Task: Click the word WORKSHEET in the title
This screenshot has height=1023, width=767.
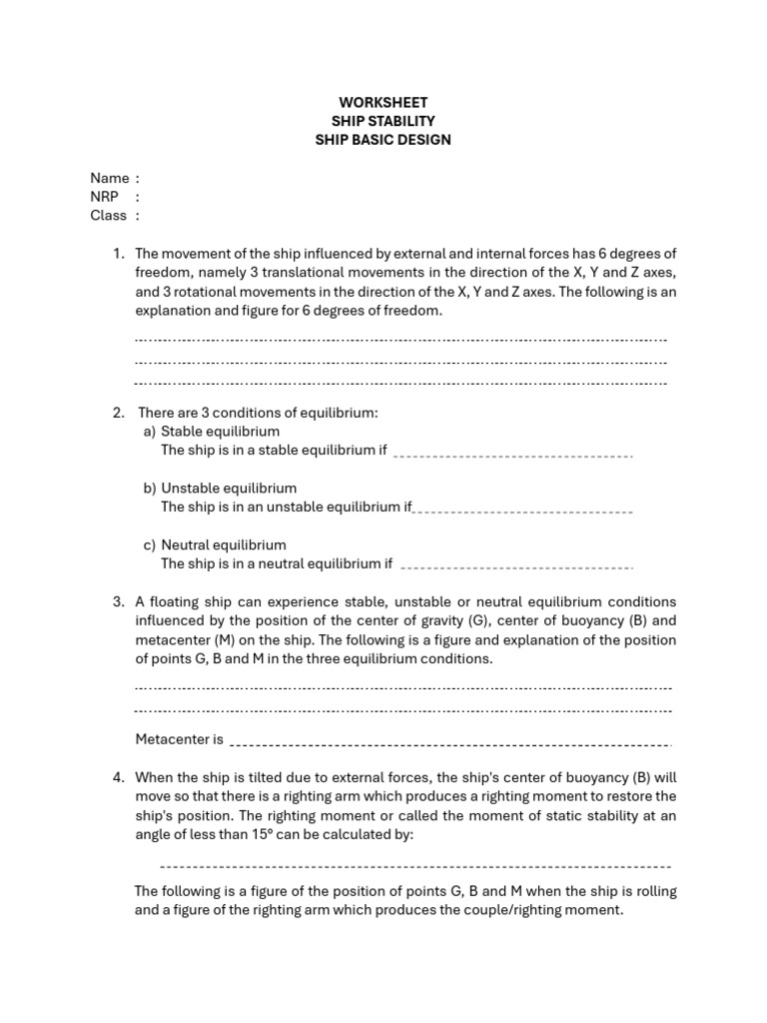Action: click(x=383, y=103)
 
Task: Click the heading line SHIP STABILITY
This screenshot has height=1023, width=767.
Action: click(x=383, y=121)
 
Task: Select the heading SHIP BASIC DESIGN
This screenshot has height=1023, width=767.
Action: click(x=383, y=140)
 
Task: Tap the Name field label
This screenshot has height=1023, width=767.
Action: click(x=109, y=178)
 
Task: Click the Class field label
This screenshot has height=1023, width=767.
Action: click(x=109, y=215)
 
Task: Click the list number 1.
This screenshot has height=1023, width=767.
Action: click(x=118, y=255)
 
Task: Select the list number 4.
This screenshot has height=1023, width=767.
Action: click(x=118, y=777)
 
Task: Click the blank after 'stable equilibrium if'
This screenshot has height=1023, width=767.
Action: click(x=513, y=456)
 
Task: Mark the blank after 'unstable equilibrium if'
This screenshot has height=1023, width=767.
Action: click(x=523, y=511)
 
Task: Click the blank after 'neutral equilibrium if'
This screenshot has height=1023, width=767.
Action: click(x=516, y=568)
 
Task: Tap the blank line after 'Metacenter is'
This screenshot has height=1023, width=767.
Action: click(x=450, y=744)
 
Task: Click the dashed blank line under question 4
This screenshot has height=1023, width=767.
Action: click(x=415, y=866)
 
